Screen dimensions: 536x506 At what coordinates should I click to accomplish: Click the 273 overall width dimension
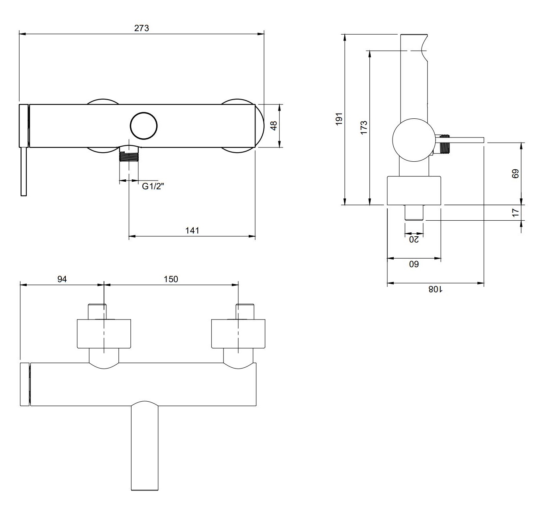[141, 28]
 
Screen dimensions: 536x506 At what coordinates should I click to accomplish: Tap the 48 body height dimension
[274, 126]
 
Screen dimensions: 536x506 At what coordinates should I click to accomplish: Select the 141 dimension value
[192, 230]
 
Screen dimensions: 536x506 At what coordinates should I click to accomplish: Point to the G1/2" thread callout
[153, 186]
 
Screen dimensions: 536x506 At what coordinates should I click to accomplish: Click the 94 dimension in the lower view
[62, 279]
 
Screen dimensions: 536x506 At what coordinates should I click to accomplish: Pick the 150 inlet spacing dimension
[171, 279]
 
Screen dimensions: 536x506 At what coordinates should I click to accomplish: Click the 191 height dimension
[339, 119]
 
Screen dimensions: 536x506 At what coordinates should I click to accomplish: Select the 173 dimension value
[364, 127]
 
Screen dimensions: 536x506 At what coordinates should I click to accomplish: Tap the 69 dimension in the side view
[515, 174]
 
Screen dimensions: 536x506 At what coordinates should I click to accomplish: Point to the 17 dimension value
[515, 213]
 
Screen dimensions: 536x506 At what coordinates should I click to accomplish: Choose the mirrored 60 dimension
[414, 264]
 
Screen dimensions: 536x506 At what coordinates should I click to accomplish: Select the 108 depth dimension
[435, 289]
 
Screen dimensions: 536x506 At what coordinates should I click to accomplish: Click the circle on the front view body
[143, 126]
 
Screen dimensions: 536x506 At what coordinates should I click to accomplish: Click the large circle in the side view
[414, 140]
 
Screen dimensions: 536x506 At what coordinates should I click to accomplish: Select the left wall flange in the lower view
[104, 334]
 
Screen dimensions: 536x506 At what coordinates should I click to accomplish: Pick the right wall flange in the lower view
[238, 334]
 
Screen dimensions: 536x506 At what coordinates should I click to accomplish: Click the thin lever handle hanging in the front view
[24, 172]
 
